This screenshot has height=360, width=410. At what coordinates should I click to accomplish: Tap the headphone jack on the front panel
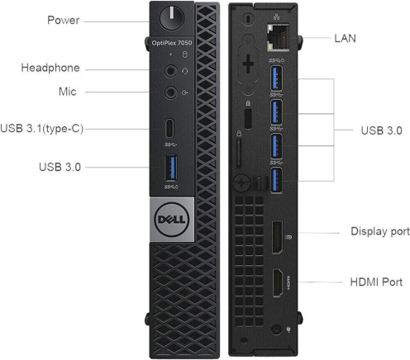(x=170, y=71)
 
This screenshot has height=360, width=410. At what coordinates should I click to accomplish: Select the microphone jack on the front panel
(x=170, y=92)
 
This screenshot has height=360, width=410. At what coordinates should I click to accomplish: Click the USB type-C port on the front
(x=169, y=128)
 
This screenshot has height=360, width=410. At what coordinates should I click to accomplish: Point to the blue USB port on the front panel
(x=171, y=168)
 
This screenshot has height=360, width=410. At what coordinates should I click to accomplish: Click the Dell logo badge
(x=172, y=220)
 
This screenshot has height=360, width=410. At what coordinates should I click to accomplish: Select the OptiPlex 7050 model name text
(x=172, y=43)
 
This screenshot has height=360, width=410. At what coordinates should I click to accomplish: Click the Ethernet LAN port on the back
(x=278, y=38)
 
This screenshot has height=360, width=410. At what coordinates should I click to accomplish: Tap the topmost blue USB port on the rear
(x=276, y=78)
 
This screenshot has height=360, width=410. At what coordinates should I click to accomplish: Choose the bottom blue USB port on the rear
(x=276, y=180)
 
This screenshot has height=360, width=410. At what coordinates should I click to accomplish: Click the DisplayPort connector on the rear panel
(x=277, y=237)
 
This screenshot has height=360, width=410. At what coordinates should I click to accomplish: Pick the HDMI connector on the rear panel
(x=278, y=283)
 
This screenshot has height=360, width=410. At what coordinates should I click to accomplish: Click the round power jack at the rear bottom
(x=276, y=329)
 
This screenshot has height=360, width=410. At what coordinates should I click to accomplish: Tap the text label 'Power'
(x=64, y=20)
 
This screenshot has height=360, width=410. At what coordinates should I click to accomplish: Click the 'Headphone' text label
(x=50, y=68)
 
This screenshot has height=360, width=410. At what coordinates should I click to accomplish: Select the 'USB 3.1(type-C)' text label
(x=42, y=129)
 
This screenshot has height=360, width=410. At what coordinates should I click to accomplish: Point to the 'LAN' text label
(x=345, y=38)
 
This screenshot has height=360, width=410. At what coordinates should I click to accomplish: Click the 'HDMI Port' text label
(x=376, y=282)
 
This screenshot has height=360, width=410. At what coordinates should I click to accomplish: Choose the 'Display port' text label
(x=380, y=231)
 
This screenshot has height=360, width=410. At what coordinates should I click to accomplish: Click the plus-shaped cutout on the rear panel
(x=248, y=64)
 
